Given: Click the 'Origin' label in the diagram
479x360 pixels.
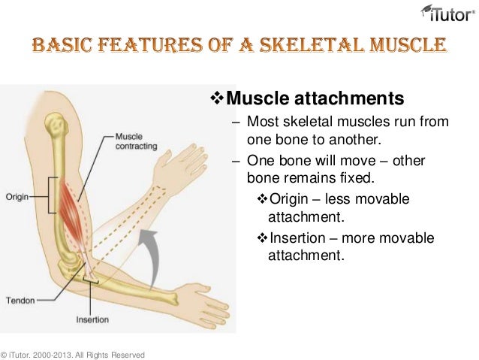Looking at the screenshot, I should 17,197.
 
